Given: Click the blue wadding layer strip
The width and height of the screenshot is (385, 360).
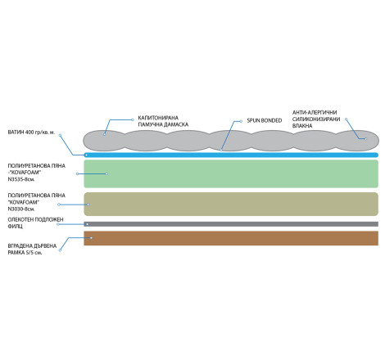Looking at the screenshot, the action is [x=231, y=155].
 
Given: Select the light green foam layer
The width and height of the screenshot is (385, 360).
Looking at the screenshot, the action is [x=231, y=173].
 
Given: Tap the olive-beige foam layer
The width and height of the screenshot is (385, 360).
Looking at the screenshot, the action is [x=231, y=204].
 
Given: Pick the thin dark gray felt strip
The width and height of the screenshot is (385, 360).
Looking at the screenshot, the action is [x=231, y=224].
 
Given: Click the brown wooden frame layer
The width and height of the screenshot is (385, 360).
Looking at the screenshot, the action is [x=231, y=238].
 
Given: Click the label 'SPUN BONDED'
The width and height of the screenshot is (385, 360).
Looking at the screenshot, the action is [x=265, y=120].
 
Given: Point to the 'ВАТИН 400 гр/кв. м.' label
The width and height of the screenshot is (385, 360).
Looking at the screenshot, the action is [x=31, y=133].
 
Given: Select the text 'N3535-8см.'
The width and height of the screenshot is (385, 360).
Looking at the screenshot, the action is [x=21, y=179].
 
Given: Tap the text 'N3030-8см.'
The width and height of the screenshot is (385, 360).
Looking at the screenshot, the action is [x=21, y=209].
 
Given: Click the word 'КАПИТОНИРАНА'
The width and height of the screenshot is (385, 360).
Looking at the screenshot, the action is [x=158, y=118].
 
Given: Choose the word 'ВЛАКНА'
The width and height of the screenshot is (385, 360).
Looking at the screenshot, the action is [x=302, y=126].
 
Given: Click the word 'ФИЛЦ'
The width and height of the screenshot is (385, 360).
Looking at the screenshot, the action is [x=15, y=227].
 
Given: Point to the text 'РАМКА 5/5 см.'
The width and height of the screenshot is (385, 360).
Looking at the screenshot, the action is [x=25, y=253].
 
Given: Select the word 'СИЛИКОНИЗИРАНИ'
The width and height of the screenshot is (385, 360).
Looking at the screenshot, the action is [x=316, y=119].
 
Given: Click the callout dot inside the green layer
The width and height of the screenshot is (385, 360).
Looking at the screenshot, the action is [x=106, y=173].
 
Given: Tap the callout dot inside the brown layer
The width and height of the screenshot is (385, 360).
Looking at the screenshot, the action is [x=91, y=238].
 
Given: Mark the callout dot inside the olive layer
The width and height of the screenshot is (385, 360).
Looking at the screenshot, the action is [x=88, y=205].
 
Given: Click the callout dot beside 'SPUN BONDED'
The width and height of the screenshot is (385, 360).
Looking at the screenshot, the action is [x=241, y=121].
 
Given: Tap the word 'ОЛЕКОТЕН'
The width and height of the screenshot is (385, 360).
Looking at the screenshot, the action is [x=20, y=219].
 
